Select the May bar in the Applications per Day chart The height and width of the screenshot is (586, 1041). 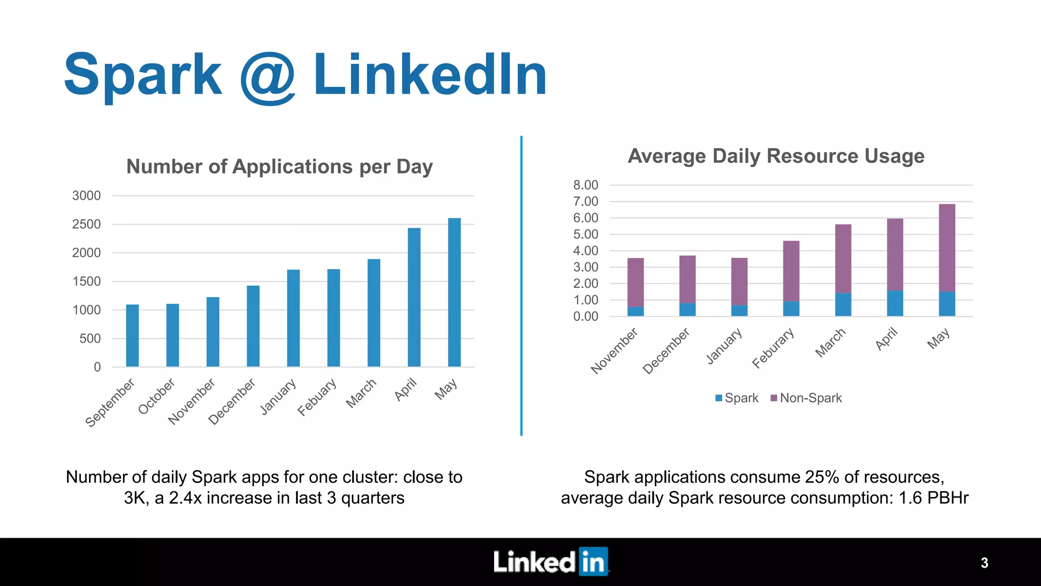pos(454,292)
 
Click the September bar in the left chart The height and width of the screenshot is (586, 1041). pos(132,336)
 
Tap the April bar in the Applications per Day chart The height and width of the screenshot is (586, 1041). pos(414,298)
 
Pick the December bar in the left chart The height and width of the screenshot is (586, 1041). pos(253,326)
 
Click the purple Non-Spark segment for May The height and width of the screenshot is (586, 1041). pos(946,248)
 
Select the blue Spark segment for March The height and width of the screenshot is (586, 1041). pos(843,305)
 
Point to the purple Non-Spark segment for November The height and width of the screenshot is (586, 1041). pos(635,282)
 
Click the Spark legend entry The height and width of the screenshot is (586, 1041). pos(737,398)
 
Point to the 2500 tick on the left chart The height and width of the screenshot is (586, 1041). pos(86,224)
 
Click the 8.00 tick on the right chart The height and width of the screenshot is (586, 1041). pos(586,185)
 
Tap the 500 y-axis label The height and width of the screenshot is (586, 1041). pos(90,339)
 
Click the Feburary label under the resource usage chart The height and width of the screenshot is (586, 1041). pos(773,348)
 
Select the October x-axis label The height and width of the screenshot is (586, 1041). pos(157,396)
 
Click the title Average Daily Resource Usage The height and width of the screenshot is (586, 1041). pos(776,156)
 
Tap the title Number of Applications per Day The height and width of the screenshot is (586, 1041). pos(279,167)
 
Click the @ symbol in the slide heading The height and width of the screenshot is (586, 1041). pos(267,77)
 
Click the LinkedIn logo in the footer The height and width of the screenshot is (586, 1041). pos(550,562)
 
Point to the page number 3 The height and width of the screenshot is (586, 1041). pos(984,563)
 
